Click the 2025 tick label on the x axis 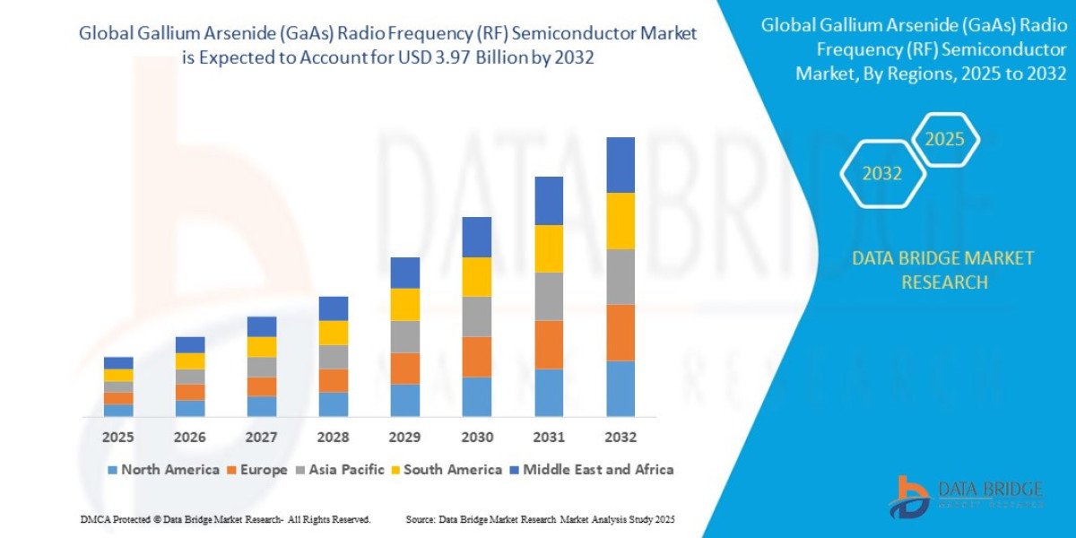tap(118, 438)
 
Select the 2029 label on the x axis tap(405, 438)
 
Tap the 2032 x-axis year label tap(620, 438)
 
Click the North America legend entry tap(163, 470)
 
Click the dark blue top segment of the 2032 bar tap(620, 165)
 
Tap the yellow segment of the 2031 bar tap(549, 248)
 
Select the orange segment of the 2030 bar tap(477, 357)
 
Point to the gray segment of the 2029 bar tap(405, 336)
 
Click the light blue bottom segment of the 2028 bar tap(334, 404)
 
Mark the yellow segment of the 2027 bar tap(262, 347)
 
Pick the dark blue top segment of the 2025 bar tap(118, 363)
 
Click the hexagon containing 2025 tap(945, 140)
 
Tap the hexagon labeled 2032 tap(882, 174)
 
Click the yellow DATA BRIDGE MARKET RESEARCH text tap(942, 270)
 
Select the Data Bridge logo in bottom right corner tap(967, 497)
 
